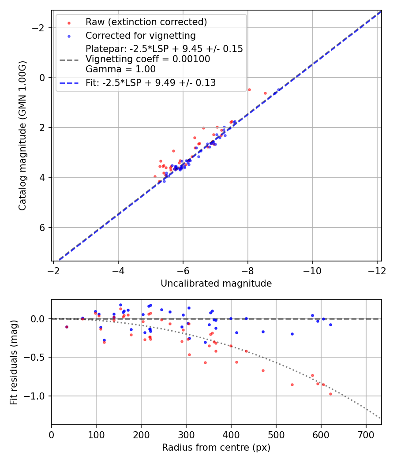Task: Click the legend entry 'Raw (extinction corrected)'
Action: pos(146,22)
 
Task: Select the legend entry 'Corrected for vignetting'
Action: pos(141,35)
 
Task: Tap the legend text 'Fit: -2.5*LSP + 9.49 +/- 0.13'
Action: pos(150,83)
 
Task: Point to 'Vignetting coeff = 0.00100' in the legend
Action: pos(148,59)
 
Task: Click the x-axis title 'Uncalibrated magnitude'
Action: pos(216,284)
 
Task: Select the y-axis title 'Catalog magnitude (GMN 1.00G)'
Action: pos(22,135)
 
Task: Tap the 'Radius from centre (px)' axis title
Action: pos(216,448)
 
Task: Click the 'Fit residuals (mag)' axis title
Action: pos(14,362)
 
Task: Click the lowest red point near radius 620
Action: pos(330,394)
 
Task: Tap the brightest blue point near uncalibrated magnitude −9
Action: pos(278,90)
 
